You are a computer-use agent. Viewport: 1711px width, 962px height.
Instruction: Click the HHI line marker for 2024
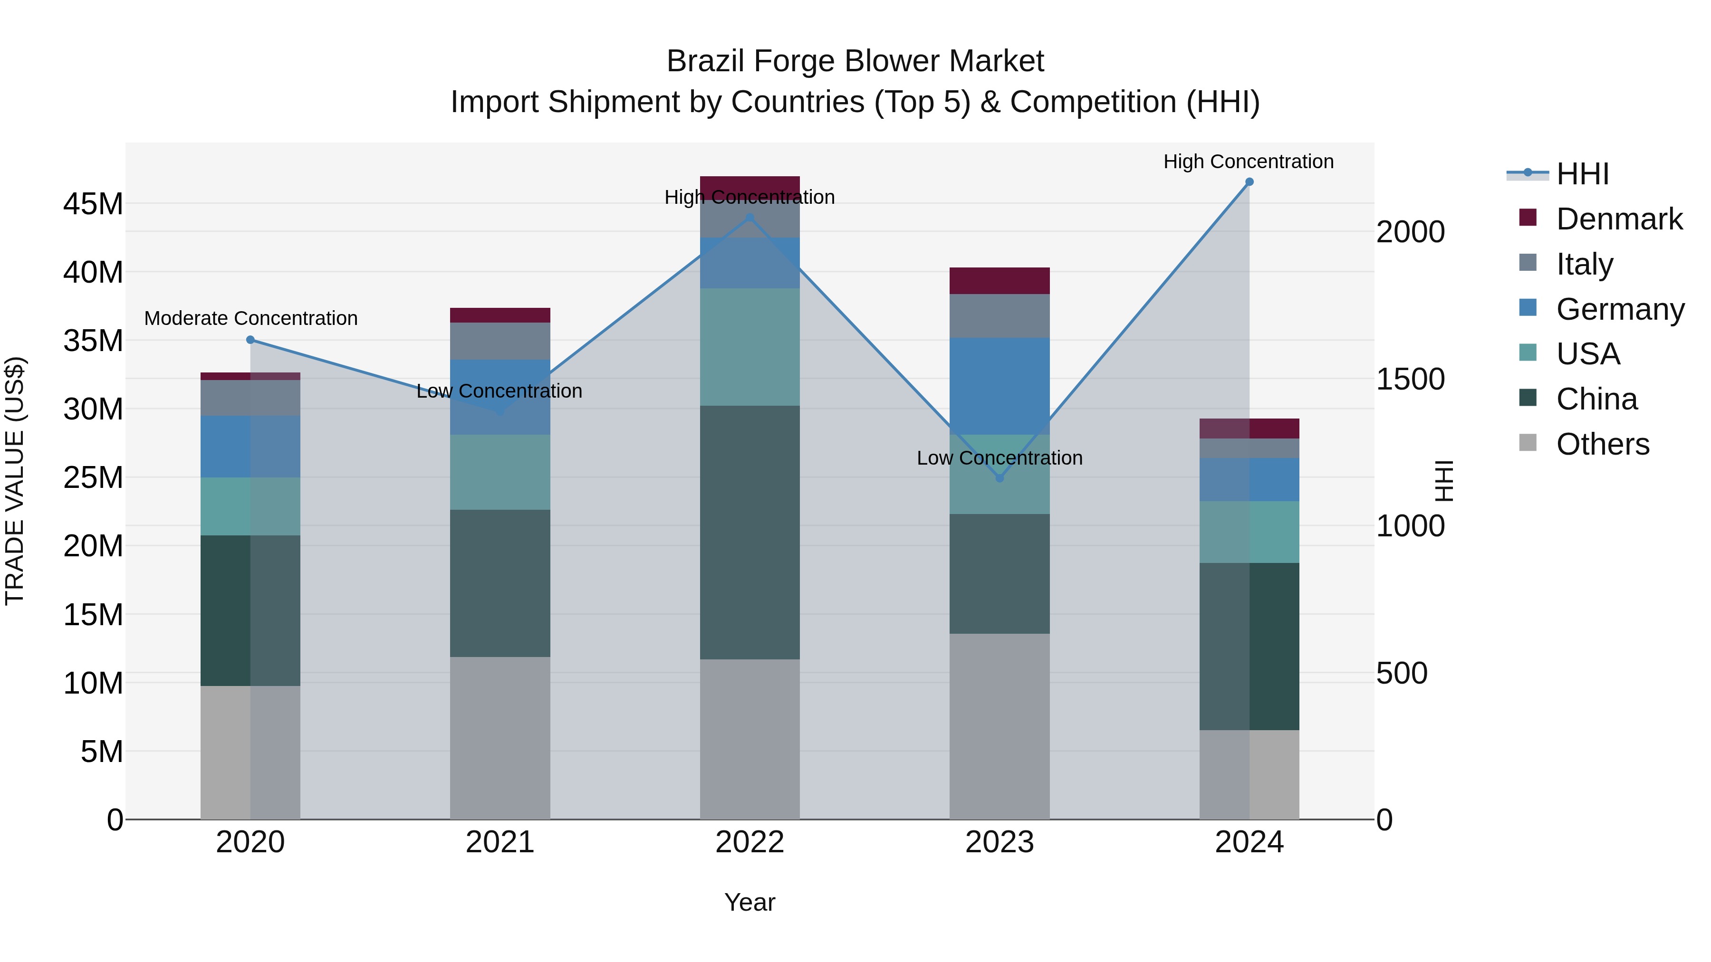click(x=1249, y=182)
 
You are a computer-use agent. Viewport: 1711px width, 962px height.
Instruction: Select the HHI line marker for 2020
click(x=250, y=340)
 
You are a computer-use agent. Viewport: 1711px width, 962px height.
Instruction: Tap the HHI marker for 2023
click(x=999, y=478)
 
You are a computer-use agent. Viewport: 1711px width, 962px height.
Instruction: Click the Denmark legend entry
click(x=1619, y=219)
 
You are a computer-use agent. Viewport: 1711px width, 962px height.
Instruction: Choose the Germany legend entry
click(x=1619, y=309)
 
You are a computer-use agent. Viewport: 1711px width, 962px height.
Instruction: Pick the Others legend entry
click(x=1602, y=444)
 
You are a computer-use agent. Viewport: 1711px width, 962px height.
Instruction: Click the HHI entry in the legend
click(x=1582, y=174)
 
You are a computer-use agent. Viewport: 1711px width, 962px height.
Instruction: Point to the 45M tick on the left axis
click(x=93, y=204)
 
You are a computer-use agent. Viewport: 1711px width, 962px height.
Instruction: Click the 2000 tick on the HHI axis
click(x=1410, y=232)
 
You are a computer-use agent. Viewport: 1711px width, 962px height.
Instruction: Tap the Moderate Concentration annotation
click(x=250, y=319)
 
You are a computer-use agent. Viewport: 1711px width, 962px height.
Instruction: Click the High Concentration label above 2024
click(x=1248, y=162)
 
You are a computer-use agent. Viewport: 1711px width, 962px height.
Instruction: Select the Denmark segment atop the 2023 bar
click(x=999, y=281)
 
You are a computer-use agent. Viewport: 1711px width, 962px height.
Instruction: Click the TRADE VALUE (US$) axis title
click(x=15, y=481)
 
